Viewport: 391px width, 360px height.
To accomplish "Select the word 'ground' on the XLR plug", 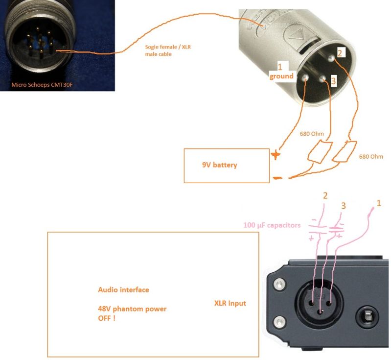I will coord(281,76).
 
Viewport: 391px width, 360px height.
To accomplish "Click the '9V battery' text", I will coord(219,165).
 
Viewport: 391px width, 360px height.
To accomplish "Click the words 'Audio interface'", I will coord(123,290).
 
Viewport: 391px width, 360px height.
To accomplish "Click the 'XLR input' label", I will coord(230,304).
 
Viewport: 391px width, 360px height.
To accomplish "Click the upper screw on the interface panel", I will coord(279,284).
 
